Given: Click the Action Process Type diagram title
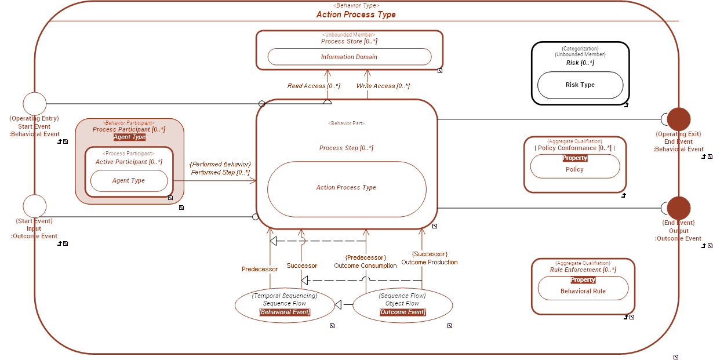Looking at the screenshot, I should coord(356,14).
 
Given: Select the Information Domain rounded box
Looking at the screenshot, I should coord(349,57).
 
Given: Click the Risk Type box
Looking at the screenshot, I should coord(580,85).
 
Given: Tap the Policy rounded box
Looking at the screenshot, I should coord(574,169).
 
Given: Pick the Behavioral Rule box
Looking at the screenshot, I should coord(583,291).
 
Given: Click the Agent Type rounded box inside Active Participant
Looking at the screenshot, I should coord(129,181).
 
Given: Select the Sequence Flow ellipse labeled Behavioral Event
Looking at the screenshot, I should coord(285,304).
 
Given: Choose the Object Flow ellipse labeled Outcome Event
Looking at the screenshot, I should coord(402,304).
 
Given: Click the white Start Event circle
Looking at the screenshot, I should coord(34,104).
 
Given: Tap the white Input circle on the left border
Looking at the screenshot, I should coord(34,206).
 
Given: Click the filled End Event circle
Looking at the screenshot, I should coord(678,119).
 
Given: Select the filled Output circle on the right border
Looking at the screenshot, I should coord(678,208).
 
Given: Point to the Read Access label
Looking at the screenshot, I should coord(314,86).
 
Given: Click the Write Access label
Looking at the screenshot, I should coord(383,86).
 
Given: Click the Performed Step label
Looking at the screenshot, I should coord(220,172).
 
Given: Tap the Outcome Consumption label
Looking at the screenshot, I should coord(365,266).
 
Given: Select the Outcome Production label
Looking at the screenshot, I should coord(429,262).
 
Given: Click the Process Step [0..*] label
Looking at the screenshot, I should coord(346,148).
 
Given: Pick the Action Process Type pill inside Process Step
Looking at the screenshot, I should coord(346,188).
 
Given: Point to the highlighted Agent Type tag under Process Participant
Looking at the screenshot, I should coord(129,137).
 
